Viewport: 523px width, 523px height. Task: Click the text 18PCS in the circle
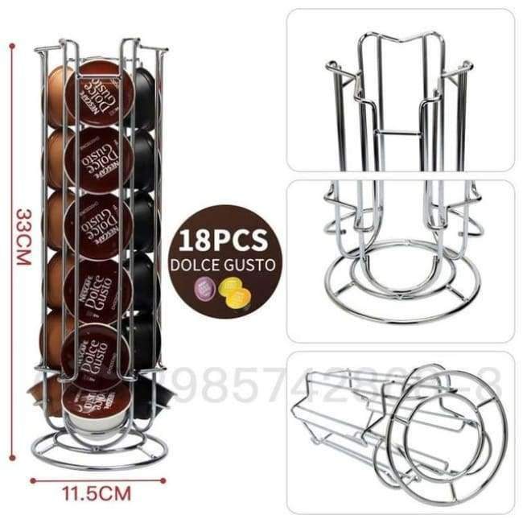224,241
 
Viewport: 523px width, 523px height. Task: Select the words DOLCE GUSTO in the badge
224,265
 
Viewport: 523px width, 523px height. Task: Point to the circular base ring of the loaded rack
99,447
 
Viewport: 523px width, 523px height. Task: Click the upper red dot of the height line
13,45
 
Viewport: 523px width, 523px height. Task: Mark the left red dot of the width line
33,480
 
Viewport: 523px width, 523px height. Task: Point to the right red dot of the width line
165,480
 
